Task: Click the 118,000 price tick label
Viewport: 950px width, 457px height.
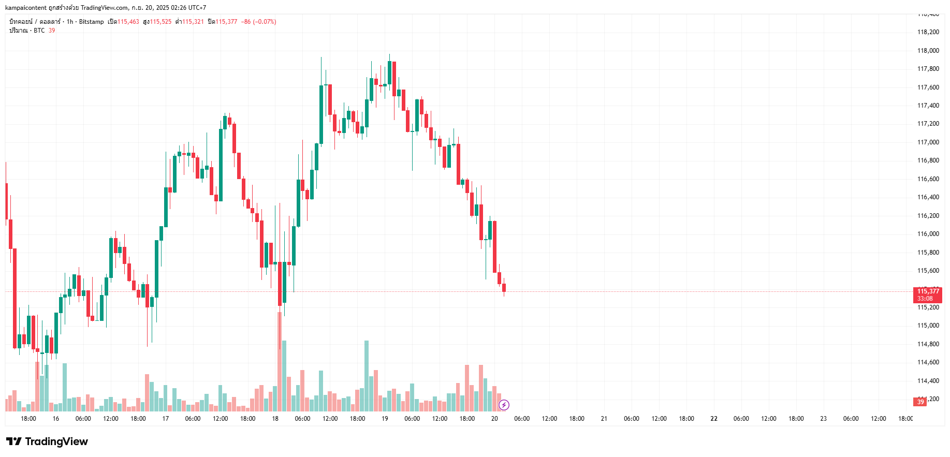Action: pos(928,51)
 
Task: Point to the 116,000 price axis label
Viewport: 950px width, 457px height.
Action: pos(928,234)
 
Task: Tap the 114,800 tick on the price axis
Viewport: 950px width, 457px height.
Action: pos(928,344)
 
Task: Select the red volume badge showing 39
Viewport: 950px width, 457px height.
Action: pos(920,402)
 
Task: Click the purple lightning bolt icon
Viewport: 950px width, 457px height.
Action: pos(504,405)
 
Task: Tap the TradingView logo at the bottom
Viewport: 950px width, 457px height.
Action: pos(47,441)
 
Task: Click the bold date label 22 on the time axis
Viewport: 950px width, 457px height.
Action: pos(714,419)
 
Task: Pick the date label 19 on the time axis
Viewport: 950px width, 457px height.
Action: pos(385,419)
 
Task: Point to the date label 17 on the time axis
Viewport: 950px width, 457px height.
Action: pos(166,419)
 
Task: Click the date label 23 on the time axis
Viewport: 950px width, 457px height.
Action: pos(823,419)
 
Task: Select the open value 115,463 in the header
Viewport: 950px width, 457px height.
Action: pos(128,22)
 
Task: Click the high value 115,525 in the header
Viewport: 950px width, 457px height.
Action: pos(160,22)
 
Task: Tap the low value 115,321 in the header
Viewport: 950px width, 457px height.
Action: pos(193,22)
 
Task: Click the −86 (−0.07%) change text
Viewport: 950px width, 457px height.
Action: pos(258,22)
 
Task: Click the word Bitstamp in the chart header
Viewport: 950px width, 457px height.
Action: pos(91,22)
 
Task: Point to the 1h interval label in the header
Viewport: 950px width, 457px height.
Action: pos(70,22)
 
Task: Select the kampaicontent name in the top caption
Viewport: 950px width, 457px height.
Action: pos(25,8)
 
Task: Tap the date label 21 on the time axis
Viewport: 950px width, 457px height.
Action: pos(604,419)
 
